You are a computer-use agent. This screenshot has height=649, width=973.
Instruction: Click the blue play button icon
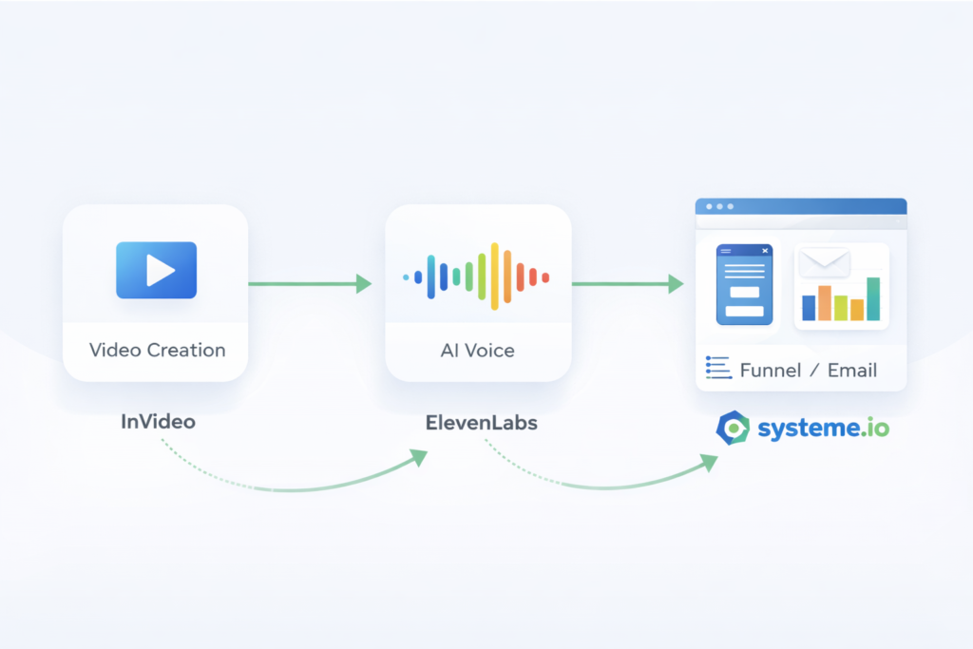(x=156, y=271)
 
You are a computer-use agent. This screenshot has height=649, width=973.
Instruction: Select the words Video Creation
(x=158, y=350)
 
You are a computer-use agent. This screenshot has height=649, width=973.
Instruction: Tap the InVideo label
(x=158, y=421)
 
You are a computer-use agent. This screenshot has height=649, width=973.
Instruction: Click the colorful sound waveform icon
(x=477, y=277)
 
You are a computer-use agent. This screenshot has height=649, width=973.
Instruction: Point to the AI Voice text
(x=477, y=350)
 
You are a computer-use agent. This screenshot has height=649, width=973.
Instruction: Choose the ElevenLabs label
(x=481, y=422)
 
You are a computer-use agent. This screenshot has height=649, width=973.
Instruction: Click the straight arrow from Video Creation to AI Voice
(x=310, y=282)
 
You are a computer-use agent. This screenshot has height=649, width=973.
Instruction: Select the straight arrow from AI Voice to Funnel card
(x=627, y=282)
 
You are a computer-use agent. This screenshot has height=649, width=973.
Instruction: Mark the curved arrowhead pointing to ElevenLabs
(x=416, y=457)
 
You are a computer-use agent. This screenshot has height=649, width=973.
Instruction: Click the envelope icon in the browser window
(x=824, y=262)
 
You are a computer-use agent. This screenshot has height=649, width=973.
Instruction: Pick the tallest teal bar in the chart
(x=873, y=298)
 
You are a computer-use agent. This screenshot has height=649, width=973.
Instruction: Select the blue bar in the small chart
(x=809, y=307)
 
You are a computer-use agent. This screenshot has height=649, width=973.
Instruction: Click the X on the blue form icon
(x=765, y=251)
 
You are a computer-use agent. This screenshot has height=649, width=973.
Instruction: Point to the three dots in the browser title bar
(x=718, y=206)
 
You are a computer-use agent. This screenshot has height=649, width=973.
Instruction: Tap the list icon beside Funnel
(x=717, y=369)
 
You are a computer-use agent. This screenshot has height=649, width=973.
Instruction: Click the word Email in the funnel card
(x=851, y=371)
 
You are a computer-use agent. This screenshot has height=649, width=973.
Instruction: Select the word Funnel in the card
(x=770, y=371)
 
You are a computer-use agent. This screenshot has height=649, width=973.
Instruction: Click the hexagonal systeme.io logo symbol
(x=733, y=429)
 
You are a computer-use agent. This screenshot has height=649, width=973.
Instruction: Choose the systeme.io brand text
(x=823, y=429)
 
